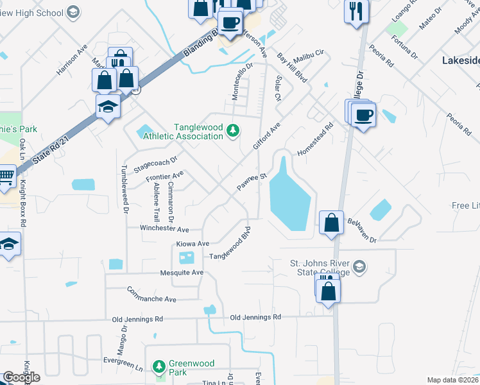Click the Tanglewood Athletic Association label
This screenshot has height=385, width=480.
click(x=183, y=132)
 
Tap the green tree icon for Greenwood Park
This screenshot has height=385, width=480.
click(x=159, y=367)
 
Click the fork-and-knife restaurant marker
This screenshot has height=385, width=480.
click(x=356, y=12)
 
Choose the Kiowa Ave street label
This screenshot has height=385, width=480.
click(x=193, y=244)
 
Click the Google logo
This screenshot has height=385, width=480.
click(x=21, y=377)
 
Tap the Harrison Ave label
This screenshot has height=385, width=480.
click(x=71, y=60)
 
